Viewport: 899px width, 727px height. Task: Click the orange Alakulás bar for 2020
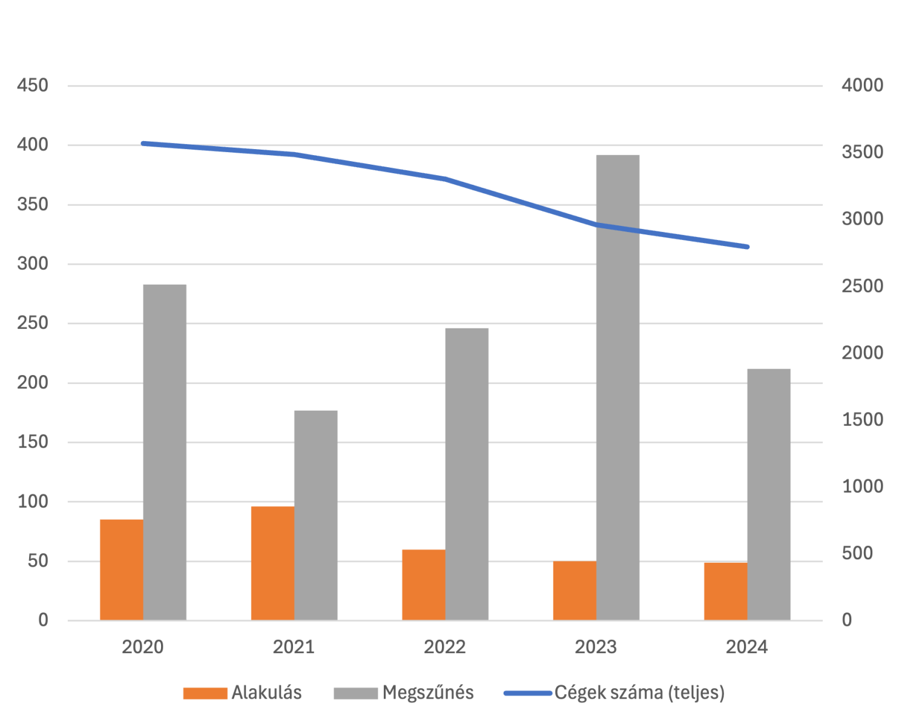pos(121,569)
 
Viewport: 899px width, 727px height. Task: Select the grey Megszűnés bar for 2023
pos(617,388)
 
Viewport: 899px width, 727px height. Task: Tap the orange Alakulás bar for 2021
pos(272,563)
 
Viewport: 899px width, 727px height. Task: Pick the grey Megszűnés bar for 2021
pos(315,515)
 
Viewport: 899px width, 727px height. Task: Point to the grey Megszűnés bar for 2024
pos(768,494)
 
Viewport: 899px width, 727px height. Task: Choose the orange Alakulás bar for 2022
pos(423,585)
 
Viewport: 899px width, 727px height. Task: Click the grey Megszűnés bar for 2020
pos(165,452)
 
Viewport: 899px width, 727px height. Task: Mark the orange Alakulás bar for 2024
pos(725,591)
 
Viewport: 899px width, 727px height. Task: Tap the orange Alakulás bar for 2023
pos(574,591)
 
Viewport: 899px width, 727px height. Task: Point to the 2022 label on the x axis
pos(445,647)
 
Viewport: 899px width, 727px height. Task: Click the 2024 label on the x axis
pos(746,647)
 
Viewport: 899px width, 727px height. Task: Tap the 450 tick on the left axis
pos(33,85)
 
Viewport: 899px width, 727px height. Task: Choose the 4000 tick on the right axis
pos(862,85)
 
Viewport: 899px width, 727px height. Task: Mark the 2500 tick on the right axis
pos(862,286)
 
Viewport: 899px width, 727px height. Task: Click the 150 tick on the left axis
pos(33,442)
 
